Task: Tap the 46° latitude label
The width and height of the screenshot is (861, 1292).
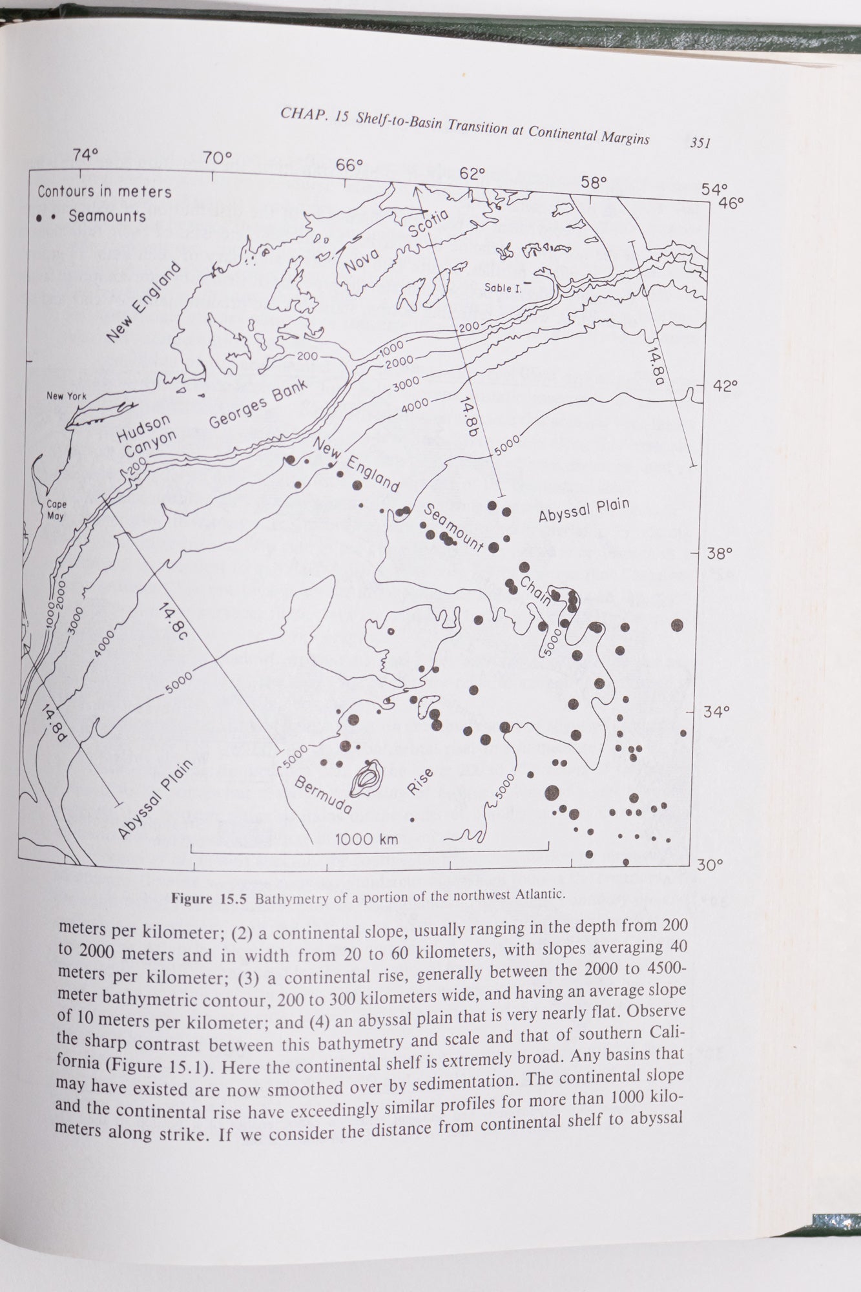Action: [x=731, y=202]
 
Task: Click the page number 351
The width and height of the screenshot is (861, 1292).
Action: [x=700, y=143]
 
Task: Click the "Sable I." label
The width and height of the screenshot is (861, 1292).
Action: [x=503, y=288]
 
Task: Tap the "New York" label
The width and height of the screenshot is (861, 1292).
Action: [x=66, y=396]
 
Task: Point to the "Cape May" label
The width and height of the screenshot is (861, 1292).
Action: [x=56, y=511]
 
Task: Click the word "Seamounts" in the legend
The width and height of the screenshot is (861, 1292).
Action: [x=107, y=216]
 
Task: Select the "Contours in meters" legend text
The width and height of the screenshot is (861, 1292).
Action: [x=105, y=192]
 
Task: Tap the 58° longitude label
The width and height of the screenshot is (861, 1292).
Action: [x=594, y=182]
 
